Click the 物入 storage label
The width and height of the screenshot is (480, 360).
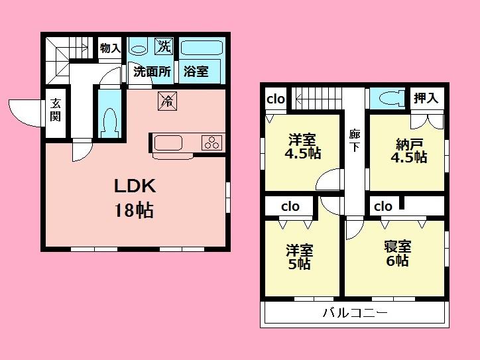(110, 48)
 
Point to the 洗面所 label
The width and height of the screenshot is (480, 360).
(152, 72)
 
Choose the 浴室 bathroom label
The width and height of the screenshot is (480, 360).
(196, 72)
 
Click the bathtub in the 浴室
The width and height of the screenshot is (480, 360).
(201, 48)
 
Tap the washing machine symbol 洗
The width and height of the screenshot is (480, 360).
(163, 46)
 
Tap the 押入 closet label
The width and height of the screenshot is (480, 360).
(426, 99)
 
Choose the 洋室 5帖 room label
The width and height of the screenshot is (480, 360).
(299, 257)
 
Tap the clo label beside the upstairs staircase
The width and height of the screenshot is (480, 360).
(276, 99)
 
